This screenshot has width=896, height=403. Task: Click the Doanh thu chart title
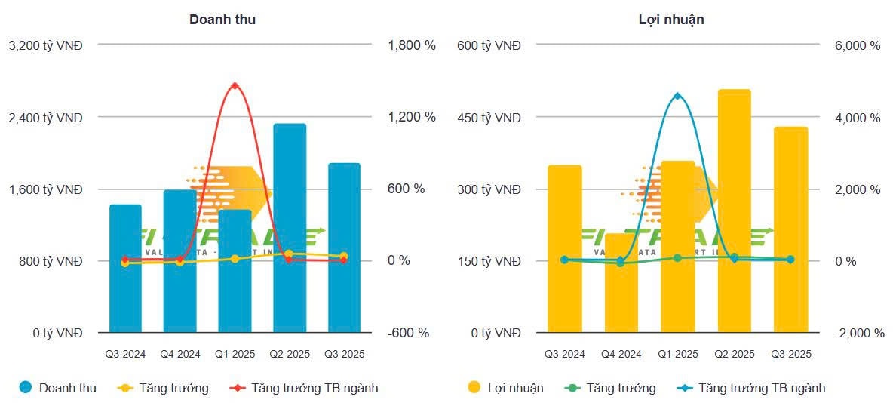pos(222,20)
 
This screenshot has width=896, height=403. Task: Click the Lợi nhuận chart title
pos(670,20)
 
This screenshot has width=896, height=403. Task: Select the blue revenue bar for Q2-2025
pos(290,226)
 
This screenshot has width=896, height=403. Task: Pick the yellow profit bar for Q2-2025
pos(734,211)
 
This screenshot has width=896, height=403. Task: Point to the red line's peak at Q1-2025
pos(235,85)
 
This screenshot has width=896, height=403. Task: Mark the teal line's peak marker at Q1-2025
pos(677,96)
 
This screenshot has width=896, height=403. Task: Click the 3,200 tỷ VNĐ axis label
pos(46,45)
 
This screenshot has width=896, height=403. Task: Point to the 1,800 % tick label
pos(412,45)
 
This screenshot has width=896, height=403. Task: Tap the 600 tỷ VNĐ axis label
pos(489,45)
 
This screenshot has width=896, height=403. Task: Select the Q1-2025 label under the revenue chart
pos(235,353)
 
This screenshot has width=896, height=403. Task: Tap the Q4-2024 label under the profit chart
pos(621,353)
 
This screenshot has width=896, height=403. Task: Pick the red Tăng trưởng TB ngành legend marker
pos(238,388)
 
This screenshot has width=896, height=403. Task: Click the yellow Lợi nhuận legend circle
pos(474,388)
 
